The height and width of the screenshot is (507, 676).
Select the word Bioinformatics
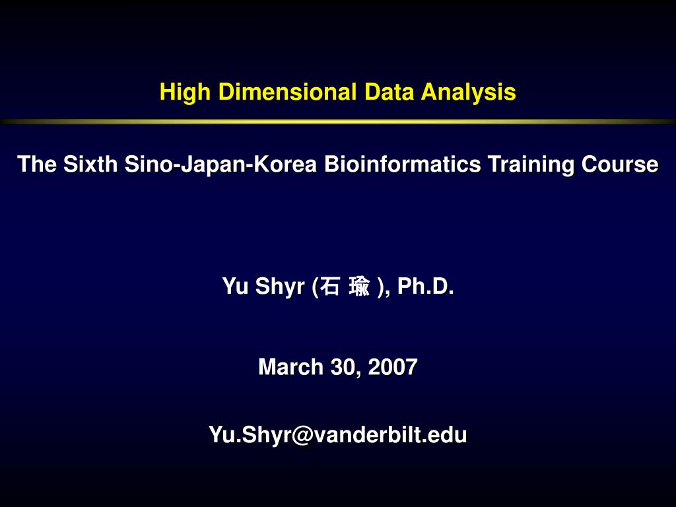(x=402, y=164)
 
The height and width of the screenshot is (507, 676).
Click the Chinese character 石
(x=331, y=287)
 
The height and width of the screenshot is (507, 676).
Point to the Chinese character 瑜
(x=360, y=287)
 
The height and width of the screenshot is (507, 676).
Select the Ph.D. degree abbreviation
(x=425, y=287)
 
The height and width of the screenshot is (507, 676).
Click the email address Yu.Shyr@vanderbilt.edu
(x=338, y=434)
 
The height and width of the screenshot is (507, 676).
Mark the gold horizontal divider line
(x=338, y=121)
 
